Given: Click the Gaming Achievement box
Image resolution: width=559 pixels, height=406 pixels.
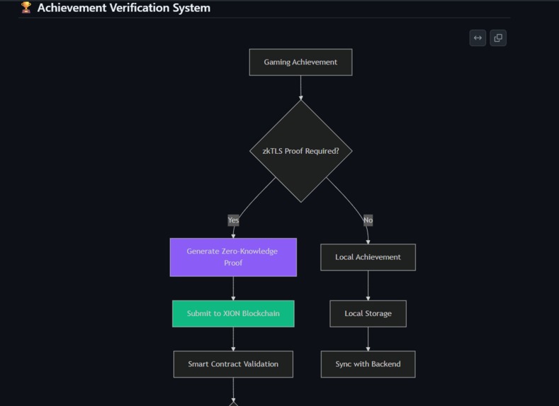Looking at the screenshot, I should [x=300, y=62].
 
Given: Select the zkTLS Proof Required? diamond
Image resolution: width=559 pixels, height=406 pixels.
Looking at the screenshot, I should [x=300, y=151].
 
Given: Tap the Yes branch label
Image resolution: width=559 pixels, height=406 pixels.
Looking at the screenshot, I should [x=233, y=220].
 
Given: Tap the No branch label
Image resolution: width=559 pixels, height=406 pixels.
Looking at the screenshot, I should [x=368, y=220].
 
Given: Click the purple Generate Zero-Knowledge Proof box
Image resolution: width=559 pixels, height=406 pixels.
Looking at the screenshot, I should [x=233, y=257].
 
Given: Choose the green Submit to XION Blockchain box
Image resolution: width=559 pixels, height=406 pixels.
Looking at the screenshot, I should [x=233, y=313].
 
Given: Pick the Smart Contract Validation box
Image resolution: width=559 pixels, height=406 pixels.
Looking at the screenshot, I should [x=233, y=364].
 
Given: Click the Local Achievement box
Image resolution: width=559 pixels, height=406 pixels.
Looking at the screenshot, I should [x=368, y=257].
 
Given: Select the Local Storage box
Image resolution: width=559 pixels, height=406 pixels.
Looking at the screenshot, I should [x=368, y=313].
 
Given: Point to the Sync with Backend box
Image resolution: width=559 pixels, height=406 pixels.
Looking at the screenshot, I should [x=368, y=364].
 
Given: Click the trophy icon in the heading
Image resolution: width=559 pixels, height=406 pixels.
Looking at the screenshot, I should [x=26, y=8].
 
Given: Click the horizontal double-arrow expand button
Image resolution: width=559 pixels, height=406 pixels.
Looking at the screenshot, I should [x=478, y=38].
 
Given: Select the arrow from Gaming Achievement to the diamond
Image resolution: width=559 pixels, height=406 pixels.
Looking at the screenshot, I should [x=300, y=87].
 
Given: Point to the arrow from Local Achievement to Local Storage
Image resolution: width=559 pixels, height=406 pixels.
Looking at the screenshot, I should [x=368, y=286].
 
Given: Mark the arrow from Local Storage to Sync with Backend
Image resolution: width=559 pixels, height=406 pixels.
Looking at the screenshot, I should [x=368, y=339].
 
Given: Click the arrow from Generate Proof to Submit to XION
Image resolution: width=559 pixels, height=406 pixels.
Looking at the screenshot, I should [x=233, y=288].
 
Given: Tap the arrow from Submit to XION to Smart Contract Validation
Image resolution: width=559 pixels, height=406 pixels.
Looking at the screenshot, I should [x=233, y=339].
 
